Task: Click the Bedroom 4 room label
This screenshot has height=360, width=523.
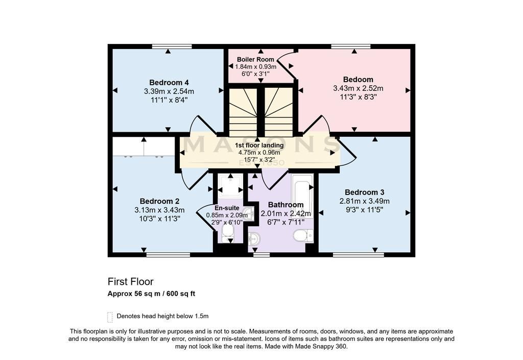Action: [169, 82]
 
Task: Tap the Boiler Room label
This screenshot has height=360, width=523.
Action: [255, 59]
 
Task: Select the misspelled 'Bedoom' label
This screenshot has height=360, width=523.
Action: [358, 79]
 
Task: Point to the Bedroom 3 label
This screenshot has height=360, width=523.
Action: [364, 193]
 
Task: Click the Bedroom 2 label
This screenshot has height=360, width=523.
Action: [159, 201]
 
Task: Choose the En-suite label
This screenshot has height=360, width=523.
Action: [227, 208]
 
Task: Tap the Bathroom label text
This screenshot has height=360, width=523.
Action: [286, 205]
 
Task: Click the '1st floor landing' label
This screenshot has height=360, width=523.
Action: [259, 146]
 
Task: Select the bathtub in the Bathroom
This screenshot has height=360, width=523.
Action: [302, 196]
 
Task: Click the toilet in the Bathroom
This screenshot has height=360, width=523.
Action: [303, 236]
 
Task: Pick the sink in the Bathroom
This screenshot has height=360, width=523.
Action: [254, 238]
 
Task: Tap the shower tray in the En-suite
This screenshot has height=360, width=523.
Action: [230, 185]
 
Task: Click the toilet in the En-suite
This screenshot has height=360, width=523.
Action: [228, 232]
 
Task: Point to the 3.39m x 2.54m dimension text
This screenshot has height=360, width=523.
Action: [169, 91]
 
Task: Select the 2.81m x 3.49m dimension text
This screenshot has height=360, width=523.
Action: [364, 201]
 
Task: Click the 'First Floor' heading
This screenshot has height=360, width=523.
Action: [130, 282]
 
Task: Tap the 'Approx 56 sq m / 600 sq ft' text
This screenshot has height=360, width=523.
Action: [151, 294]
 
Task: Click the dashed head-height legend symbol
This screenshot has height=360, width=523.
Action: [110, 317]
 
